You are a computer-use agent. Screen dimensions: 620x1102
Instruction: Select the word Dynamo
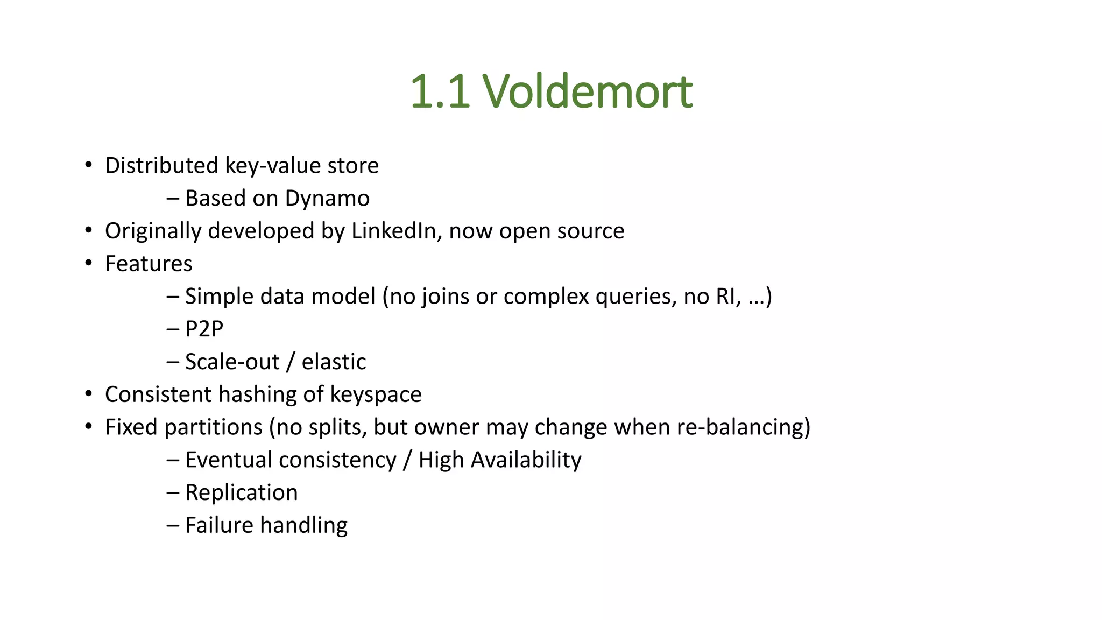(327, 199)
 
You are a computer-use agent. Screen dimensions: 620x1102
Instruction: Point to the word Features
(149, 264)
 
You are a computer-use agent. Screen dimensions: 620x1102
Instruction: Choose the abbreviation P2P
(204, 329)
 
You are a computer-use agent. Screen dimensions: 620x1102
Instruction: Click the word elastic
(334, 362)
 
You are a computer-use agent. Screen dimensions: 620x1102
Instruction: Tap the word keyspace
(376, 394)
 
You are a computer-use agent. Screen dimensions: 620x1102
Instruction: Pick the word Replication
(242, 492)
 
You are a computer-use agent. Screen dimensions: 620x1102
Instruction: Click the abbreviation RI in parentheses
(726, 297)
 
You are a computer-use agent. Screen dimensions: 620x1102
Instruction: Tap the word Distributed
(161, 166)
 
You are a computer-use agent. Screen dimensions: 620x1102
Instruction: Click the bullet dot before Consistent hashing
(89, 393)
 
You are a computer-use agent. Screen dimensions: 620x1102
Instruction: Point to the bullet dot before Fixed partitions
(89, 426)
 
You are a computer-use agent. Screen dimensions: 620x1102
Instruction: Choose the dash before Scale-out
(173, 362)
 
